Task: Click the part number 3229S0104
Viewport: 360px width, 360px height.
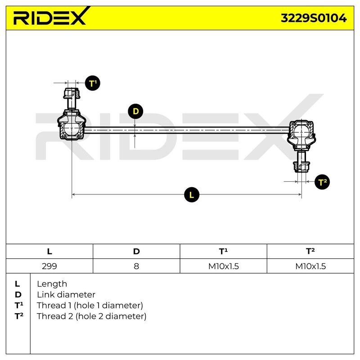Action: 314,18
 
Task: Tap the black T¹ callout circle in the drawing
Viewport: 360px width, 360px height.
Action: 93,83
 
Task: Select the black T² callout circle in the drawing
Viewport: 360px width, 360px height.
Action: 322,182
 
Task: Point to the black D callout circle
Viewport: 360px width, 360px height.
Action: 135,111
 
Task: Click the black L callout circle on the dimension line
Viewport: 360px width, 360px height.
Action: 192,195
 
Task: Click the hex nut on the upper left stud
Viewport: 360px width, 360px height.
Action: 72,94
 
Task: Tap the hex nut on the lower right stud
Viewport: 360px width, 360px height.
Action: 301,166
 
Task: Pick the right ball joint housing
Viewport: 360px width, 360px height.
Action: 301,134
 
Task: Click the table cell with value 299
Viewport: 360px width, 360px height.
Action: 49,266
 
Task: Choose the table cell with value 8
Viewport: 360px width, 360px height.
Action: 136,266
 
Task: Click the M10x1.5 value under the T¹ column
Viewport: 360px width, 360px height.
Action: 223,266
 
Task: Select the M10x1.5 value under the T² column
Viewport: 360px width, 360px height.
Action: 310,266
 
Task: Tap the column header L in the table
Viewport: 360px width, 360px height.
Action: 49,252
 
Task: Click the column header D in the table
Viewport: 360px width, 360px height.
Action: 136,252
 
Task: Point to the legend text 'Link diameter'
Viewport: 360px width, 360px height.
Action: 66,295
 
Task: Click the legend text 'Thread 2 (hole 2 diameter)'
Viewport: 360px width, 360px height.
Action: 92,316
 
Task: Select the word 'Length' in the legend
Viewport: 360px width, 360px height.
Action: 52,284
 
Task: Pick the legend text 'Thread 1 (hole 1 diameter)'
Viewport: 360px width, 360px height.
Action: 90,306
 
